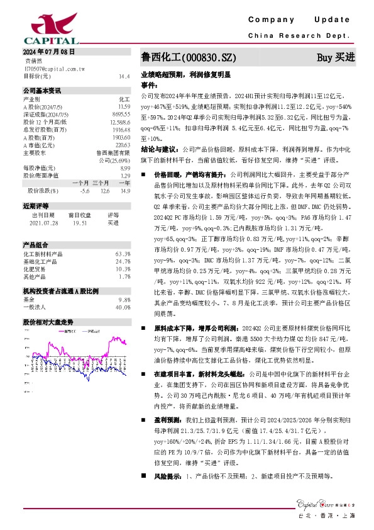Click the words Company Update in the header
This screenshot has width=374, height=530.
(298, 21)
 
